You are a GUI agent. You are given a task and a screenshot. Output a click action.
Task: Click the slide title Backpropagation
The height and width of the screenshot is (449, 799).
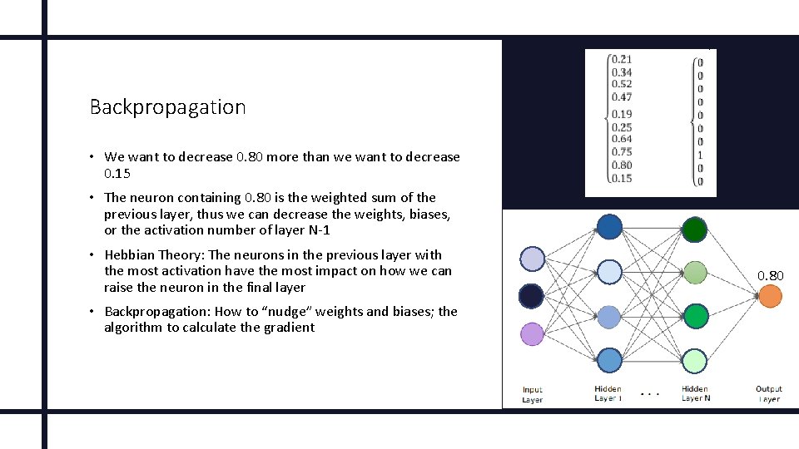(x=167, y=107)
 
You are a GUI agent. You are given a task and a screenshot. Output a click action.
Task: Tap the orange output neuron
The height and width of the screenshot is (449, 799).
(x=770, y=295)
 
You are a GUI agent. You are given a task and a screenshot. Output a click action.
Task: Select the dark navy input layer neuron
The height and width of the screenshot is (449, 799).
(x=532, y=295)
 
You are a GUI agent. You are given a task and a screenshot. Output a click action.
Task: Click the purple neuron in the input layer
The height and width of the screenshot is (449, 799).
(x=532, y=333)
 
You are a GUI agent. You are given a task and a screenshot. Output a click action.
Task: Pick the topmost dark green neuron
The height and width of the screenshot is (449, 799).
(x=694, y=228)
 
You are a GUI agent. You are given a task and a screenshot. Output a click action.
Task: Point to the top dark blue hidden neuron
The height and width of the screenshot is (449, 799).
(x=609, y=227)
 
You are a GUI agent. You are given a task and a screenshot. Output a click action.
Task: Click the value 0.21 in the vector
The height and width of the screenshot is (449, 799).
(x=621, y=59)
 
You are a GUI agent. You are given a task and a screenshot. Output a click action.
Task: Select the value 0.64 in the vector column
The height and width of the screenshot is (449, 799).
(x=621, y=140)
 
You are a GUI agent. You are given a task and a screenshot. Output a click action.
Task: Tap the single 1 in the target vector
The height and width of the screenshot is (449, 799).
(x=700, y=155)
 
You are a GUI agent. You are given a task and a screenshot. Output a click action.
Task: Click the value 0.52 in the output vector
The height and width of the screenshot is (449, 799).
(x=621, y=84)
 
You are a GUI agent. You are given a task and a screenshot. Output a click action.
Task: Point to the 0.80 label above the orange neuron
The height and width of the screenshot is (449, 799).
(x=770, y=275)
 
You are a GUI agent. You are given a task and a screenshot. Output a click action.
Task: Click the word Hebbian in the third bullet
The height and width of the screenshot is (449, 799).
(x=131, y=255)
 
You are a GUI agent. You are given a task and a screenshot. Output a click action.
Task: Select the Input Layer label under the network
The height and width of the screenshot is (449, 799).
(x=533, y=394)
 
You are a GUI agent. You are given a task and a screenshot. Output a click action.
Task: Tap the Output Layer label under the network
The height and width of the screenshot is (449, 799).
(x=769, y=394)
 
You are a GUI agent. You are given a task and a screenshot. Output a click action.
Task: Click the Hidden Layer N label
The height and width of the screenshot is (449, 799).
(x=695, y=393)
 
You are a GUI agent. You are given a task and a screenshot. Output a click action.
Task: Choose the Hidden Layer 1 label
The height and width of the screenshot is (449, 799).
(x=608, y=393)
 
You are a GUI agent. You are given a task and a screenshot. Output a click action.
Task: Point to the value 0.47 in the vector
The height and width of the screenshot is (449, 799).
(x=621, y=97)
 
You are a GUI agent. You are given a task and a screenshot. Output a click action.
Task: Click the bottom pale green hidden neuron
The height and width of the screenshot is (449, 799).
(x=694, y=361)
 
